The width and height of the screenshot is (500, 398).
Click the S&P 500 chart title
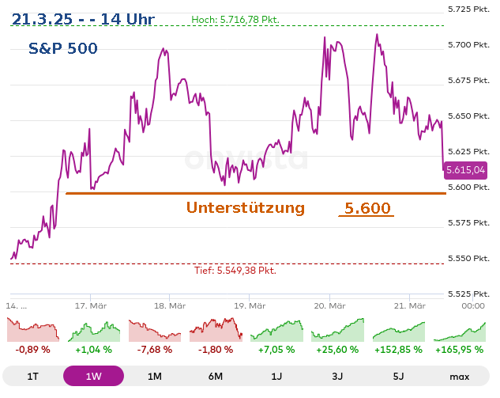(63, 49)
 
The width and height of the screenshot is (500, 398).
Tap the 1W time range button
(93, 377)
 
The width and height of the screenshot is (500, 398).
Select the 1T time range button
(32, 377)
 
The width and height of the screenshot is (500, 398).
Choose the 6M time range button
(215, 377)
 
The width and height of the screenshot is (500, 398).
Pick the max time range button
(459, 377)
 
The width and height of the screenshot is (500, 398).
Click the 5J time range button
(398, 377)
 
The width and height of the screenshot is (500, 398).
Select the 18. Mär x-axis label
(170, 305)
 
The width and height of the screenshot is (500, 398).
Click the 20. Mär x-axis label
(330, 305)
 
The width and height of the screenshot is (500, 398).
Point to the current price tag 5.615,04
(465, 170)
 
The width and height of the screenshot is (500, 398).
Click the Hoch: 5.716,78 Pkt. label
(235, 19)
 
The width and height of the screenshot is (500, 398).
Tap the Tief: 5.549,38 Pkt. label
(235, 271)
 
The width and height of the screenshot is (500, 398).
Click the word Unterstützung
(246, 208)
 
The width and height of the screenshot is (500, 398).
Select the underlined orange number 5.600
(367, 209)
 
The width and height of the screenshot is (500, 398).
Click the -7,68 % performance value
(154, 349)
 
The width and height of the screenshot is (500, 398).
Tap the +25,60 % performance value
(337, 349)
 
